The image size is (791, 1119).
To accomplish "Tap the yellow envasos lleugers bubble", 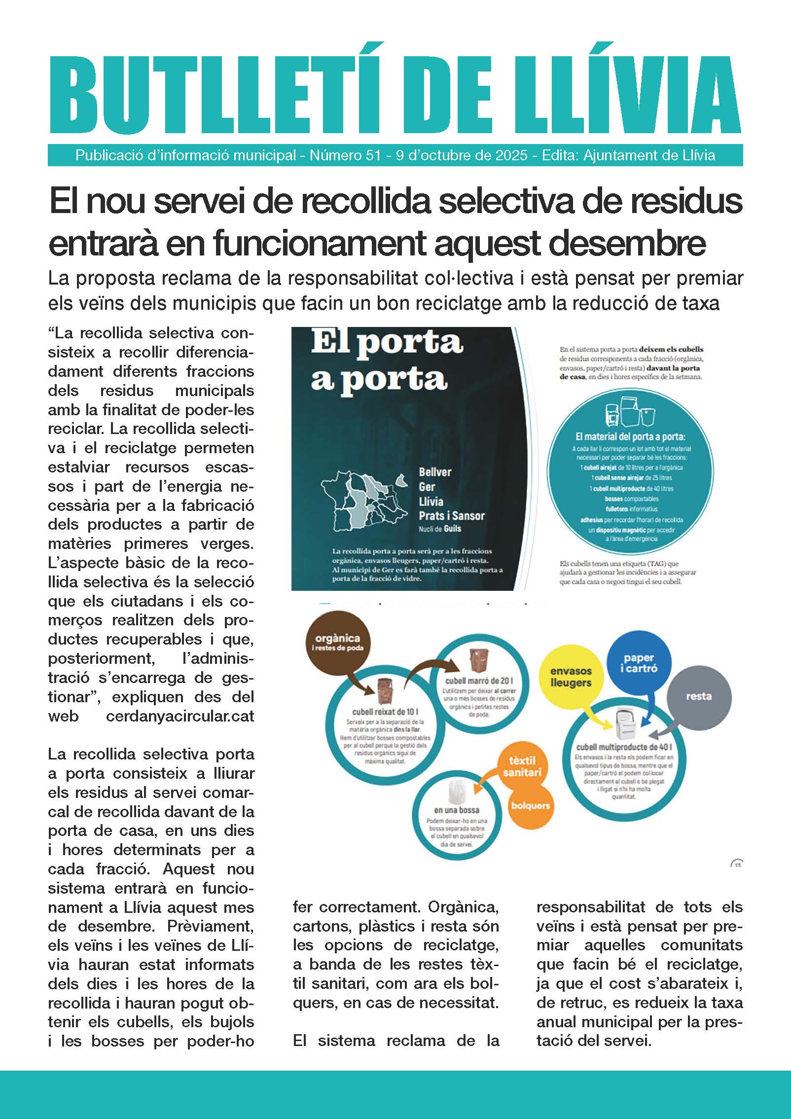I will click(571, 677).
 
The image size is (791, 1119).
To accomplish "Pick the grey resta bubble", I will click(698, 696).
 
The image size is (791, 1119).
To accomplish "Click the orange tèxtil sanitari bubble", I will click(522, 766).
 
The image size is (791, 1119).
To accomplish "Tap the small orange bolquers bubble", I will click(530, 805).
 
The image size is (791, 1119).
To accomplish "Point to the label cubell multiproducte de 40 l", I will click(624, 747).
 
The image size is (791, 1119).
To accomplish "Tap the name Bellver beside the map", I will click(435, 472).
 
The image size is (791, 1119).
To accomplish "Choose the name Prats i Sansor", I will click(451, 516).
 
